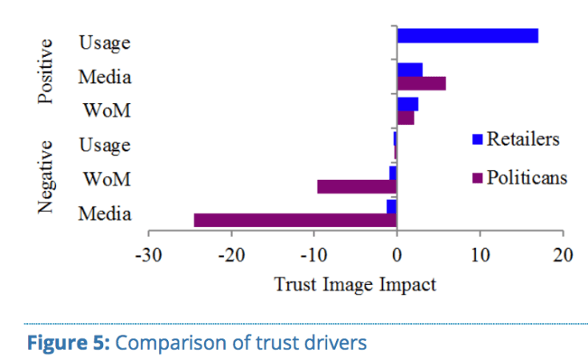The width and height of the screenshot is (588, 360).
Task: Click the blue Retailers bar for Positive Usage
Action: (x=467, y=35)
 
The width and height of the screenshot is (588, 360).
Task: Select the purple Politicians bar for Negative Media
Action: (x=295, y=220)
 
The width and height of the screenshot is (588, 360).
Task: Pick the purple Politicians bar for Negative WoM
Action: (x=357, y=186)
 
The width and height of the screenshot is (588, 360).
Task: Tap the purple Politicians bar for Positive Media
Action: (x=422, y=83)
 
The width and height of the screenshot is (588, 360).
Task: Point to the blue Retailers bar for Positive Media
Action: (x=410, y=70)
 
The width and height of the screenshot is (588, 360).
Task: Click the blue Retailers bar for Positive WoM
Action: (x=407, y=104)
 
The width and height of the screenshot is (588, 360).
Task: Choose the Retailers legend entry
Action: (x=516, y=138)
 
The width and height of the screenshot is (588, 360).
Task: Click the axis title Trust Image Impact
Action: (x=355, y=283)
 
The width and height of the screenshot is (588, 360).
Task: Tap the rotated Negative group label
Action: (x=46, y=178)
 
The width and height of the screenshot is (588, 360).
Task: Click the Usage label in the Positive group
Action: (x=104, y=44)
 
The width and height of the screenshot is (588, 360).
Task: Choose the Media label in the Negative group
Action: (x=105, y=214)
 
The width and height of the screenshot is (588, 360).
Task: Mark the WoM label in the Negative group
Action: (x=107, y=179)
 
